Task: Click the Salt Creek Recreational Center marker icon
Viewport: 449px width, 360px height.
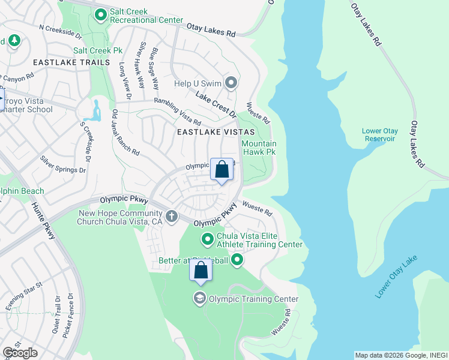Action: [x=100, y=14]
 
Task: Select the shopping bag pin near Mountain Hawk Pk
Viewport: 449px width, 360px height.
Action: [x=221, y=170]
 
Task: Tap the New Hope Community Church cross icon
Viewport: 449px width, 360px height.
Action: [x=172, y=216]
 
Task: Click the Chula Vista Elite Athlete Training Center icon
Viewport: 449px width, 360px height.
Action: [x=208, y=239]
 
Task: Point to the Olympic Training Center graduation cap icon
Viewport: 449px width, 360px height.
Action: [x=199, y=298]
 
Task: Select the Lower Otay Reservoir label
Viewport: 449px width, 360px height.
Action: [x=379, y=135]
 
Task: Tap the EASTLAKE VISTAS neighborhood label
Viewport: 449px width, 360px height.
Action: [x=215, y=131]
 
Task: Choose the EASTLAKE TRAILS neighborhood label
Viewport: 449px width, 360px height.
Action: [x=71, y=62]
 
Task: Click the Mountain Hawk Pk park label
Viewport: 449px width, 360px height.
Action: [x=259, y=148]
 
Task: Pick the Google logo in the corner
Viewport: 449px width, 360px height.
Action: [x=20, y=353]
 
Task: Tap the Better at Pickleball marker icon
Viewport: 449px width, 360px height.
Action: [x=237, y=260]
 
